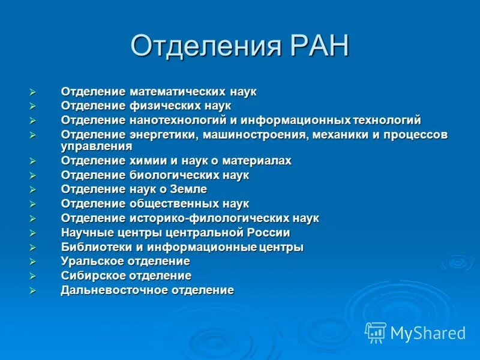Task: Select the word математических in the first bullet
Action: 178,92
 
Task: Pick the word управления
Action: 97,146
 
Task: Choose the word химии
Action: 146,161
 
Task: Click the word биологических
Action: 173,175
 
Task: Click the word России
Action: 268,233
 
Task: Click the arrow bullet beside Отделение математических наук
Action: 33,92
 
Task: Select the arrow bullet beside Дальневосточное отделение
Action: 33,290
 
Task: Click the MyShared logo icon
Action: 376,332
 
